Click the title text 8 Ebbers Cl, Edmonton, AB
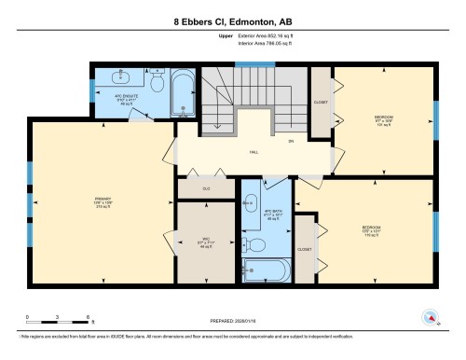click(x=233, y=21)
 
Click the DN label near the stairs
click(x=290, y=142)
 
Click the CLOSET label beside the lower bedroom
click(x=305, y=250)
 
